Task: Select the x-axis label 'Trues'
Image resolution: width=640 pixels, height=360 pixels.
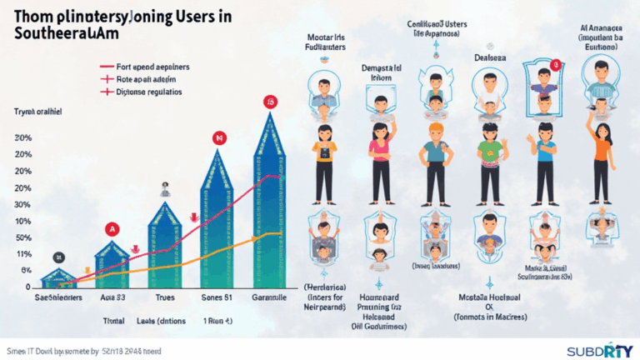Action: pyautogui.click(x=164, y=297)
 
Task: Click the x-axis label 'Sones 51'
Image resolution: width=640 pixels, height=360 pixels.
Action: pyautogui.click(x=217, y=297)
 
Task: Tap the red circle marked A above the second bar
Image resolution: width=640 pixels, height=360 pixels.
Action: pyautogui.click(x=112, y=229)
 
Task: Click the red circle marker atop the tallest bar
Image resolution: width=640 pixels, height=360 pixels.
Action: pyautogui.click(x=270, y=102)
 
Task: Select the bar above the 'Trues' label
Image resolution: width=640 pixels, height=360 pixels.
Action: pyautogui.click(x=164, y=246)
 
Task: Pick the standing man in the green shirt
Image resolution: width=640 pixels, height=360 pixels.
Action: pyautogui.click(x=490, y=162)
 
